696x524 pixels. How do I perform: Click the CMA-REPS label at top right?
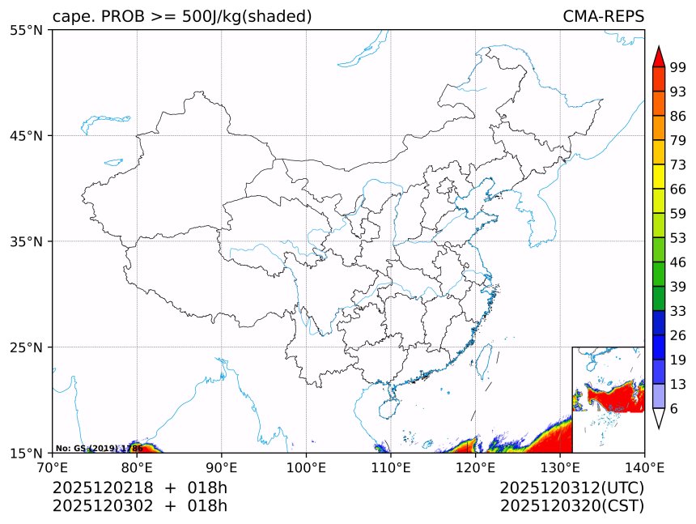click(603, 16)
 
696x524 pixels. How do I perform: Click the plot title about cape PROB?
click(182, 16)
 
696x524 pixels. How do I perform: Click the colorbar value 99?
click(678, 67)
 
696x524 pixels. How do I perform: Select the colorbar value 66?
click(678, 189)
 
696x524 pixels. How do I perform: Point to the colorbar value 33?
click(678, 311)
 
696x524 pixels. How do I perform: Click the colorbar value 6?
click(674, 408)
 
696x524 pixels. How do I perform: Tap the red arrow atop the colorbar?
click(658, 56)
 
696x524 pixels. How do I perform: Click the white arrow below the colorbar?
click(658, 418)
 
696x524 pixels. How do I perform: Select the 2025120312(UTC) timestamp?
click(571, 488)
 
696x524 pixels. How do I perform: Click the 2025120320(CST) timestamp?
click(571, 506)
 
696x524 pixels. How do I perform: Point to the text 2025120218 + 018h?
click(140, 488)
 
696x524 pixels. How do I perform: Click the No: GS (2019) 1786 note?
click(99, 448)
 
